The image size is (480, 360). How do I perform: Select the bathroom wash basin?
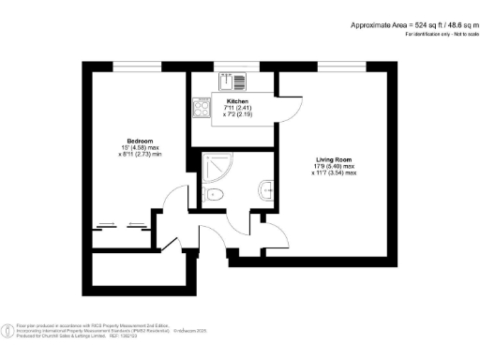point(268,190)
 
